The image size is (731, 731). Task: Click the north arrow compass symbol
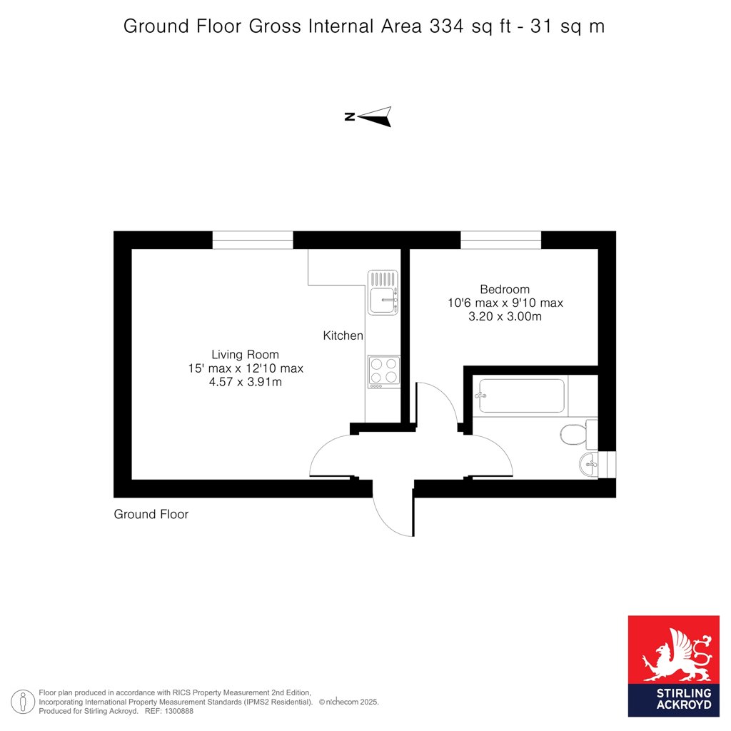tap(368, 116)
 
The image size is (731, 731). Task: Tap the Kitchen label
tap(343, 336)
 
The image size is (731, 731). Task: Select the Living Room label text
tap(246, 354)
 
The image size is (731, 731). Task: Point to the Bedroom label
tap(505, 289)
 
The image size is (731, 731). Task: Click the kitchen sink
tap(383, 292)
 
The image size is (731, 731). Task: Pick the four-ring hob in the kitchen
tap(383, 371)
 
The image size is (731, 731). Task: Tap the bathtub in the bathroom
tap(521, 395)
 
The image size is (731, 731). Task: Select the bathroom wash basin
tap(589, 464)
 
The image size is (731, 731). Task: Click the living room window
tap(253, 240)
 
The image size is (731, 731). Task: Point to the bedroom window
tap(500, 240)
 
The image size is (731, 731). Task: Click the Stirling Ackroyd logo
tap(674, 666)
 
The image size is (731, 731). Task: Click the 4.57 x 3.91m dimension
tap(246, 383)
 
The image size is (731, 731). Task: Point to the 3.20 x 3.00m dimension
tap(505, 316)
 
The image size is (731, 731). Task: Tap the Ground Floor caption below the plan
tap(151, 514)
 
